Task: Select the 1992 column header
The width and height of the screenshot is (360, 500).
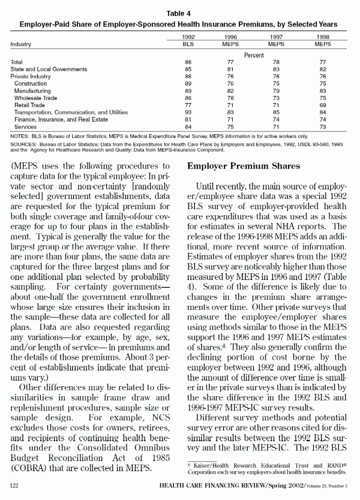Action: pos(188,37)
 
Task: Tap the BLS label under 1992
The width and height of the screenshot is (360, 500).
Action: pos(188,44)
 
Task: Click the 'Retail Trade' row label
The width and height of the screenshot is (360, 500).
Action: pos(30,104)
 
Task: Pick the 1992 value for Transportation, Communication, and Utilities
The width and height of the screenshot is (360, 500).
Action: pos(188,112)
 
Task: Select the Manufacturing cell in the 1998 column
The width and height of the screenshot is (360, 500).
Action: pos(323,91)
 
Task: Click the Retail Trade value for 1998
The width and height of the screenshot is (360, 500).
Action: pos(323,104)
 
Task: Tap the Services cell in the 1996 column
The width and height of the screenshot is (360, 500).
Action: pos(230,126)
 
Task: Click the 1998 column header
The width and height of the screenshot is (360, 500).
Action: pos(323,37)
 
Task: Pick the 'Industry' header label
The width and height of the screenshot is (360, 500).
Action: pos(21,44)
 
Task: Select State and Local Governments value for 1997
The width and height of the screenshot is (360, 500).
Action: pos(277,70)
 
